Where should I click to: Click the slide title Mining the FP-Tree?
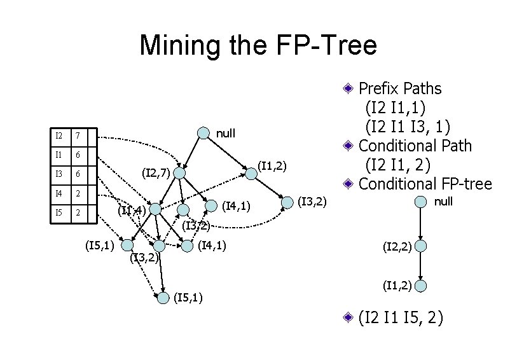click(x=258, y=45)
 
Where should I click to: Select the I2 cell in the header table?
click(x=59, y=136)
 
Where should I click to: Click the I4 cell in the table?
click(x=59, y=193)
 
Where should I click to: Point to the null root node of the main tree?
click(x=202, y=133)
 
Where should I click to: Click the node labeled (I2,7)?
click(x=180, y=173)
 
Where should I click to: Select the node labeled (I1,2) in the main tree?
click(x=251, y=173)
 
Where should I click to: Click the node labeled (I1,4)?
click(x=155, y=209)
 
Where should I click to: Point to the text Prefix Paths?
click(x=400, y=88)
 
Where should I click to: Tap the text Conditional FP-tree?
click(x=425, y=184)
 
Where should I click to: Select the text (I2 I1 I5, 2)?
click(x=401, y=317)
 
